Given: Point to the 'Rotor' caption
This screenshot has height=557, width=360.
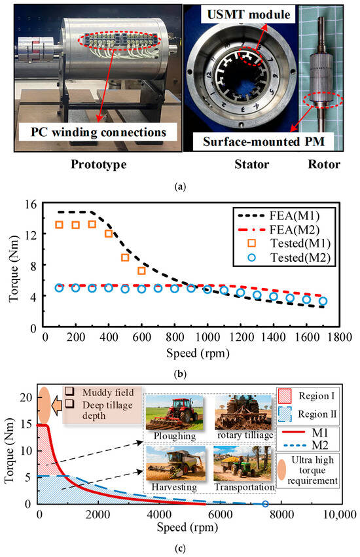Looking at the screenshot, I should point(326,164).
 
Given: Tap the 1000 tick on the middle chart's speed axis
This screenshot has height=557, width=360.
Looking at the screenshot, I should point(207,334).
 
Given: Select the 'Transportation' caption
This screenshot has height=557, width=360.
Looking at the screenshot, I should point(240,488).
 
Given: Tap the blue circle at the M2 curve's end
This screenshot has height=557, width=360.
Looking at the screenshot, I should point(265,504).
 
